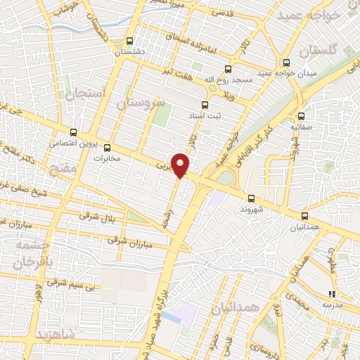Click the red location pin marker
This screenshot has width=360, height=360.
(181, 165)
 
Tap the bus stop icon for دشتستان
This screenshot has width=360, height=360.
(129, 41)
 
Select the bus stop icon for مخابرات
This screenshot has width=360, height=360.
(108, 148)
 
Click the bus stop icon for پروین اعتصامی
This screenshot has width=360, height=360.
(74, 131)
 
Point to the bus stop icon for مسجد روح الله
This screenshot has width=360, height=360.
(227, 69)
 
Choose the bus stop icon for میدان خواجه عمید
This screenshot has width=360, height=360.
(286, 62)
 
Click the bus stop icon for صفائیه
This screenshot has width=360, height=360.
(301, 117)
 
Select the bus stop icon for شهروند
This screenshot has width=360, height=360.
(252, 198)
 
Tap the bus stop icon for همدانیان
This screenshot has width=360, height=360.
(304, 217)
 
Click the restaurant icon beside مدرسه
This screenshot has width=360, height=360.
(331, 294)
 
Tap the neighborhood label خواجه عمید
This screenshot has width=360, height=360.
(308, 15)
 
